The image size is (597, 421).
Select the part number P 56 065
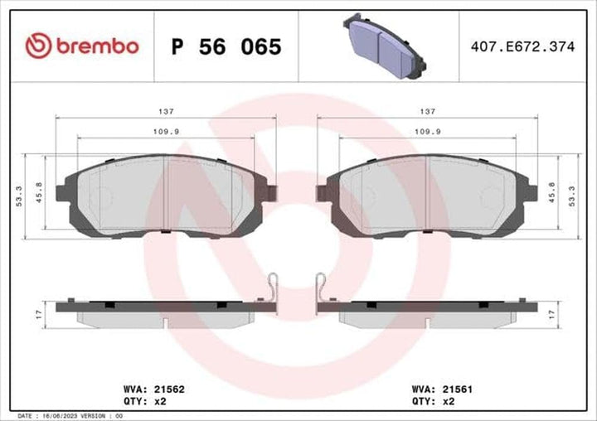[226, 46]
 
